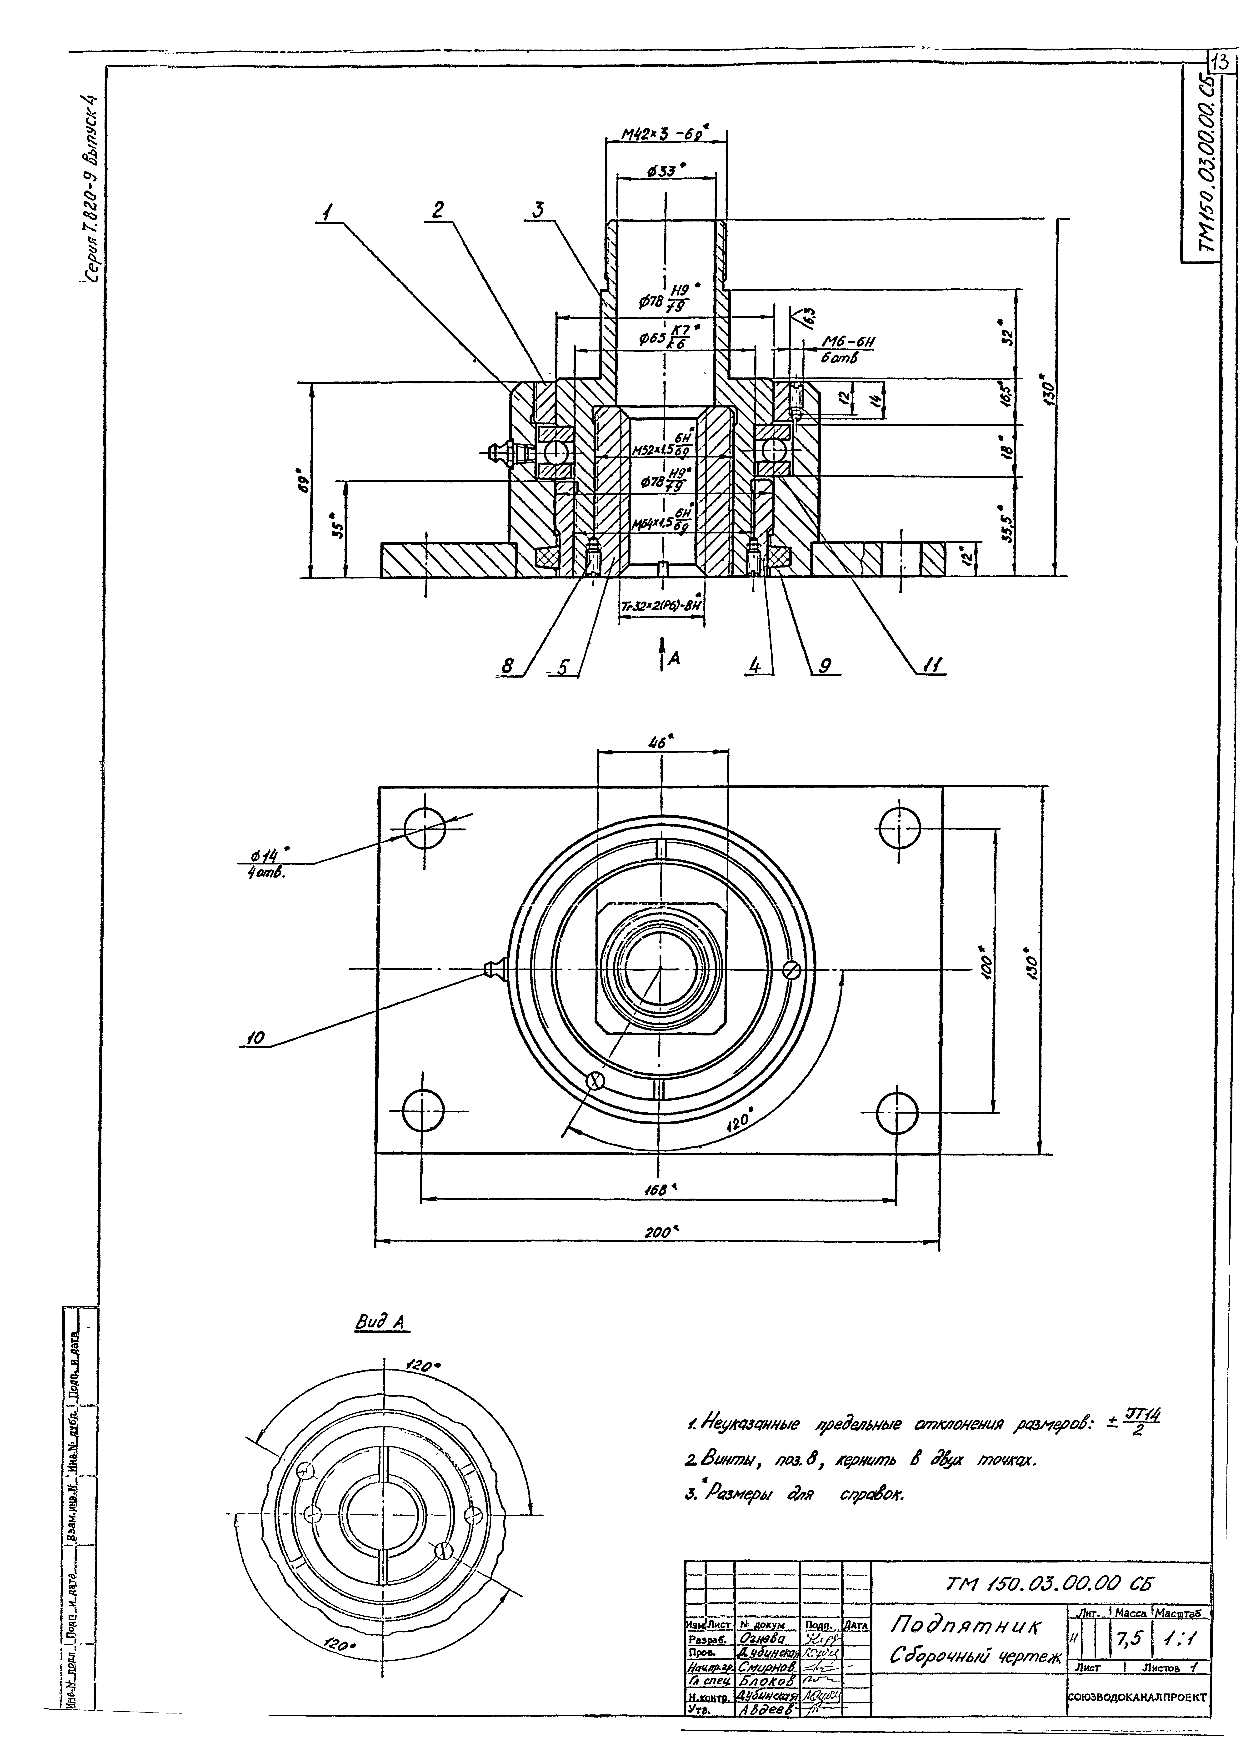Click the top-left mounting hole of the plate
(x=424, y=828)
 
